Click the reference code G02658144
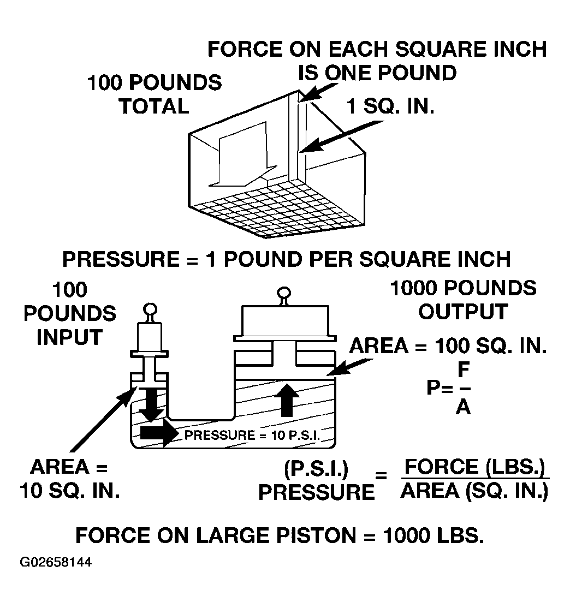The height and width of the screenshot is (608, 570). (x=56, y=562)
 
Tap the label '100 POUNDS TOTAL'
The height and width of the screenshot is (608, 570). (x=155, y=94)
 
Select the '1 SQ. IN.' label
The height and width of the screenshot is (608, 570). (x=390, y=106)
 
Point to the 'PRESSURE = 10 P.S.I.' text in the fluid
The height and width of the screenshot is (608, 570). (x=252, y=435)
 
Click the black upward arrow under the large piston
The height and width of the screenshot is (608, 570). (x=287, y=400)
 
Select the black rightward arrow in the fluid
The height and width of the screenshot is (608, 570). (x=159, y=432)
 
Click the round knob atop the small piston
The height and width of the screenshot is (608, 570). (x=150, y=310)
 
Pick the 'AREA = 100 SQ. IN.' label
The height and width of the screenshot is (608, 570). (x=448, y=345)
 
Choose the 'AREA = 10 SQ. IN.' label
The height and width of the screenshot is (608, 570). (x=70, y=479)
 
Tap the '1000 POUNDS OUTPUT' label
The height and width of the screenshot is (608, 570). (x=464, y=300)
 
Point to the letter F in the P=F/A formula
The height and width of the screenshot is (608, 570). (x=464, y=369)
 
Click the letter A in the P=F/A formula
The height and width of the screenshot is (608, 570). (x=464, y=407)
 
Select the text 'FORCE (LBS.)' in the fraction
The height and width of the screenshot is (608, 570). (x=475, y=467)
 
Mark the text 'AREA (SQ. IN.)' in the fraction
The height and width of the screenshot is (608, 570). (x=474, y=491)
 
